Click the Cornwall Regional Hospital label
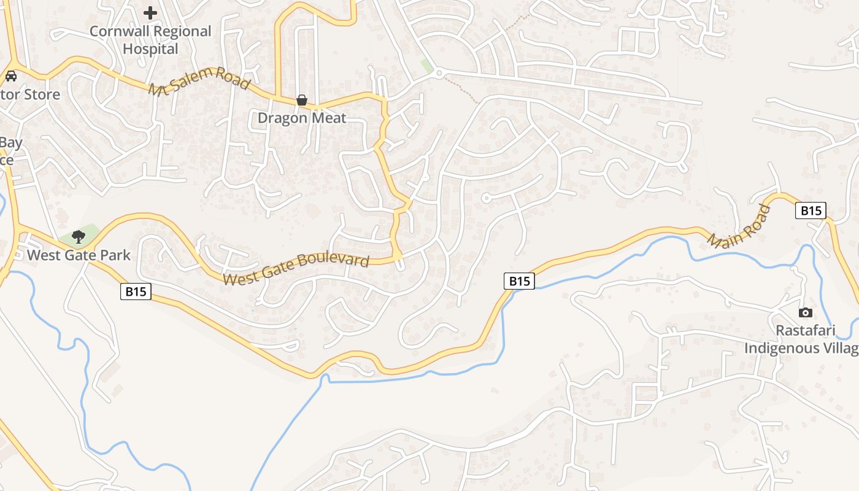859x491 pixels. point(150,40)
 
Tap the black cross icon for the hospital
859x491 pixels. point(150,13)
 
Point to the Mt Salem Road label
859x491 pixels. point(199,81)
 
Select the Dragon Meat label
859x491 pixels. point(302,118)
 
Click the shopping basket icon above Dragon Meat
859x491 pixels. point(302,100)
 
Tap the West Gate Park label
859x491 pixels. point(79,255)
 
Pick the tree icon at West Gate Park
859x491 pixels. point(78,236)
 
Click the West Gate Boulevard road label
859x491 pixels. point(296,269)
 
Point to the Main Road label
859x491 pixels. point(739,226)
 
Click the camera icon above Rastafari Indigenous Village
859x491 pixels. point(806,313)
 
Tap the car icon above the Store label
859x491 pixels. point(10,76)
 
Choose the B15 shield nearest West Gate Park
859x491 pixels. point(136,291)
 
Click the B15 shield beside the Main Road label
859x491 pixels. point(811,211)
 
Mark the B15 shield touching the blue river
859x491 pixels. point(519,281)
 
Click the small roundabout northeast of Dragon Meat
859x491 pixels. point(438,74)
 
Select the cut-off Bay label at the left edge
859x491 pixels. point(10,143)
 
